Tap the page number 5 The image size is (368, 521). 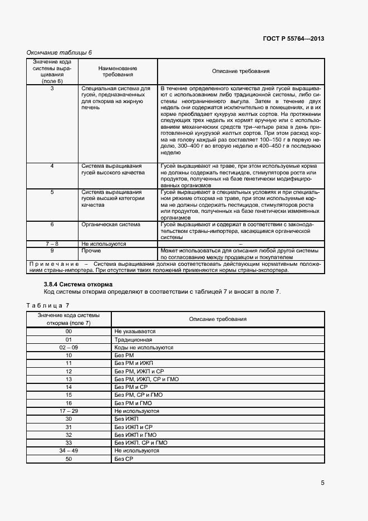pos(322,483)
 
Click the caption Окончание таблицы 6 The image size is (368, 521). pos(60,52)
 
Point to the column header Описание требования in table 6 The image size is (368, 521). pos(241,71)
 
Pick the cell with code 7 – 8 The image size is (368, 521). pos(52,244)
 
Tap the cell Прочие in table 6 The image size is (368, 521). pos(91,251)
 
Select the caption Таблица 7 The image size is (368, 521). pos(48,305)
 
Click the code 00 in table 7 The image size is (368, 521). pos(68,331)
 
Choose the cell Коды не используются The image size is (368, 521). pos(144,347)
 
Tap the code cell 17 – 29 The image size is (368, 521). pos(68,411)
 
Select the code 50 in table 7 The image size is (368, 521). pos(68,459)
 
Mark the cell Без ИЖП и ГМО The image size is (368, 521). pos(135,435)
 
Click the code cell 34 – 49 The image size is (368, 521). pos(68,450)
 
